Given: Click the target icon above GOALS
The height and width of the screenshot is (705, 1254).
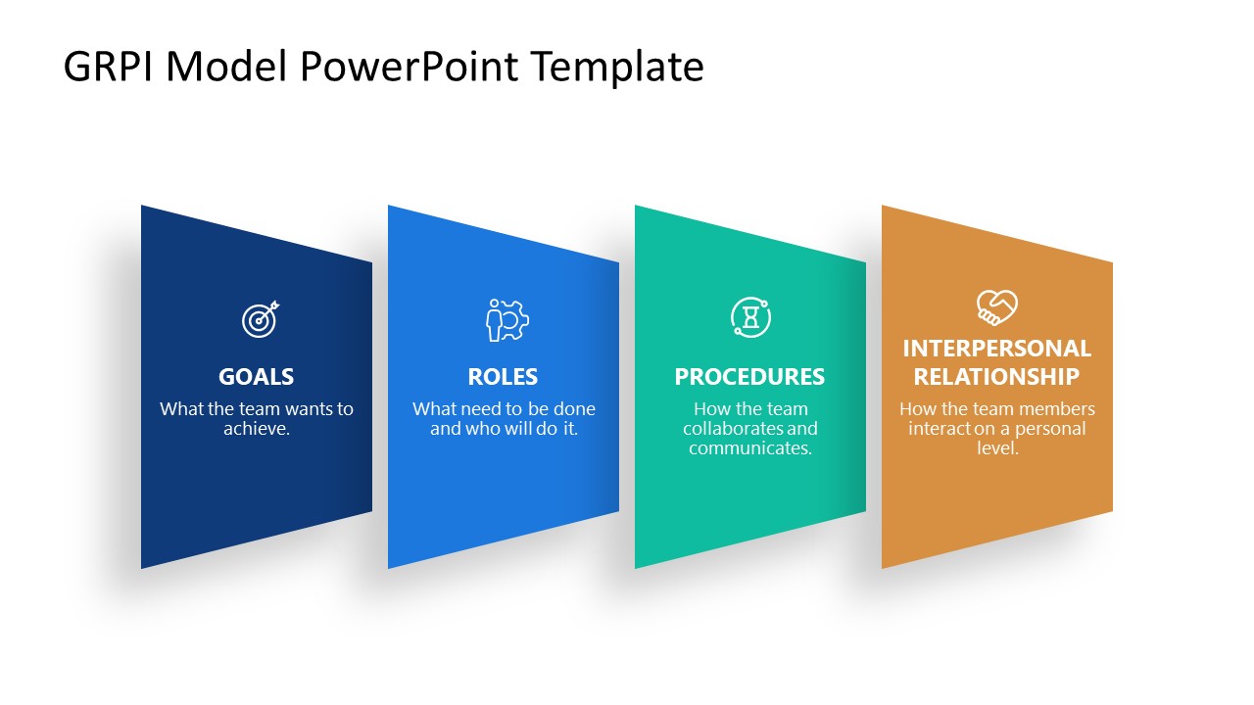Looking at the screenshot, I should [x=260, y=318].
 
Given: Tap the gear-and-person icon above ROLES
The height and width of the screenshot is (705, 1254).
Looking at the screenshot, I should [x=507, y=319].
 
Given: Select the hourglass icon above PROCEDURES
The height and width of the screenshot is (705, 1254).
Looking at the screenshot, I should [x=750, y=317].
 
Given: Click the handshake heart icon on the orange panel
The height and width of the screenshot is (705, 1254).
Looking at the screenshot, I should [x=996, y=307].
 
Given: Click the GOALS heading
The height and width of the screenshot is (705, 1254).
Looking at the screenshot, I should [x=256, y=377].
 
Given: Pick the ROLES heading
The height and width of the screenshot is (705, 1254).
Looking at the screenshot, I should [x=503, y=377].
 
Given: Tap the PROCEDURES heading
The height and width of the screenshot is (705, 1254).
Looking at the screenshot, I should [x=749, y=377].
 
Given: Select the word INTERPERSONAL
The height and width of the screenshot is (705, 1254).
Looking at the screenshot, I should [x=996, y=349].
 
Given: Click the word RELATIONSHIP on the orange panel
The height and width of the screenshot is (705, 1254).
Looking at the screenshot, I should [x=996, y=377].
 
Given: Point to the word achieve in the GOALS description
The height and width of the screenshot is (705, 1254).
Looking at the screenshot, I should [x=254, y=429].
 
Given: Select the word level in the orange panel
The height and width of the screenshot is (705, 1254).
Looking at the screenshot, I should [x=996, y=448].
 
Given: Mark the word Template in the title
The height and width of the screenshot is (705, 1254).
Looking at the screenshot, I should [x=617, y=67].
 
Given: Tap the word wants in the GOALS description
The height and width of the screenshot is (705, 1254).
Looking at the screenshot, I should [x=308, y=409].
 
